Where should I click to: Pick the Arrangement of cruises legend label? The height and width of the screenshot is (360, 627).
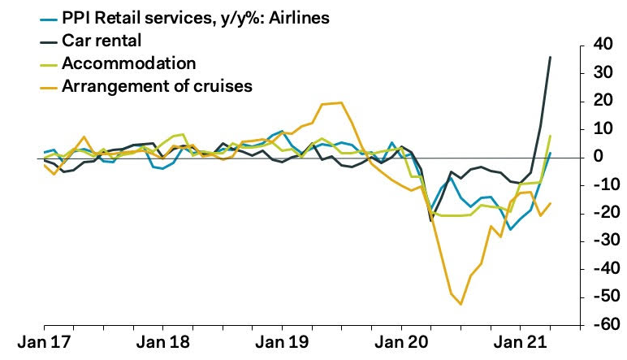pos(158,85)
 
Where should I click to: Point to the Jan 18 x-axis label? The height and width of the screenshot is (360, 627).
pos(163,341)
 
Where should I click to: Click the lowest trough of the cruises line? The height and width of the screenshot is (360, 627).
pos(461,304)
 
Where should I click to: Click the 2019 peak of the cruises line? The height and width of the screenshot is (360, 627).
pos(340,102)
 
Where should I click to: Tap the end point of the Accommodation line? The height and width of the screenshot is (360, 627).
pos(551,136)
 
